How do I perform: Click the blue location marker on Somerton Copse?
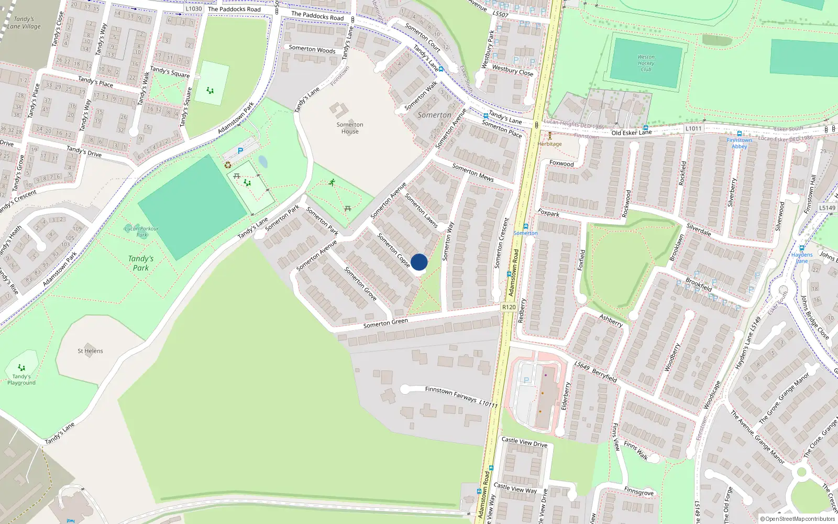419,262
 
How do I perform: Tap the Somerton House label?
350,128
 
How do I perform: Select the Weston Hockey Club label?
646,63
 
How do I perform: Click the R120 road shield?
509,307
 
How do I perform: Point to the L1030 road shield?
193,9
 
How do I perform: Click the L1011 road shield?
693,128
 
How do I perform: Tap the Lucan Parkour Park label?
141,231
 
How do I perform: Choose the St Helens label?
90,351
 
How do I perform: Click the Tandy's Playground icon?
21,367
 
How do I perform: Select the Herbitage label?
549,144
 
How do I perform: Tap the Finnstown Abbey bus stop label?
739,143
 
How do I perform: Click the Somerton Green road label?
385,323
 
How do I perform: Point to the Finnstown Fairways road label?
450,394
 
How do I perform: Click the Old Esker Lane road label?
632,133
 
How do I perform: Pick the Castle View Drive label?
524,442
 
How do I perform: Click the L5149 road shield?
827,208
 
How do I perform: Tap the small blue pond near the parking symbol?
263,162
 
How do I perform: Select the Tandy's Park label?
140,263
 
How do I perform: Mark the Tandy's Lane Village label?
24,23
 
